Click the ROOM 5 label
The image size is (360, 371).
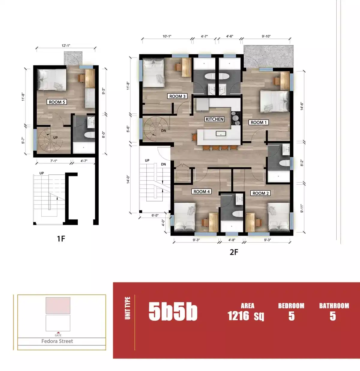[x=57, y=102]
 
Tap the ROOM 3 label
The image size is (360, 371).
[x=177, y=96]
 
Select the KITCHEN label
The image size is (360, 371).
[x=214, y=119]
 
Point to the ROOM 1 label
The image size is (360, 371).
[x=259, y=122]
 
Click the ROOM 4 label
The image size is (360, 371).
[x=202, y=192]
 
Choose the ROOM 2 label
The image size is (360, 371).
[x=260, y=193]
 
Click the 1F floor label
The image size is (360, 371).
[x=61, y=239]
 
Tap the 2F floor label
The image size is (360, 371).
[x=234, y=252]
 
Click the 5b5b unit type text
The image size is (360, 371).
[x=173, y=312]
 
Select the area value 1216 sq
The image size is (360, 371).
[x=246, y=316]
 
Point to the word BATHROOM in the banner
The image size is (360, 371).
[x=334, y=306]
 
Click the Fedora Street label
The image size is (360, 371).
[x=57, y=341]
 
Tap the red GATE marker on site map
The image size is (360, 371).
[x=58, y=334]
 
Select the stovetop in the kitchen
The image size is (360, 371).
[x=236, y=118]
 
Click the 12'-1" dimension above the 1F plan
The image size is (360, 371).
[x=66, y=46]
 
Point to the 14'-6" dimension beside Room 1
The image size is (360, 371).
[x=302, y=106]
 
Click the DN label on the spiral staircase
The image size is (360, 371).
[x=163, y=131]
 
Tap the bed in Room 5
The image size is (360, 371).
[x=52, y=80]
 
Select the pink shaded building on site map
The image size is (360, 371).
[x=58, y=305]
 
